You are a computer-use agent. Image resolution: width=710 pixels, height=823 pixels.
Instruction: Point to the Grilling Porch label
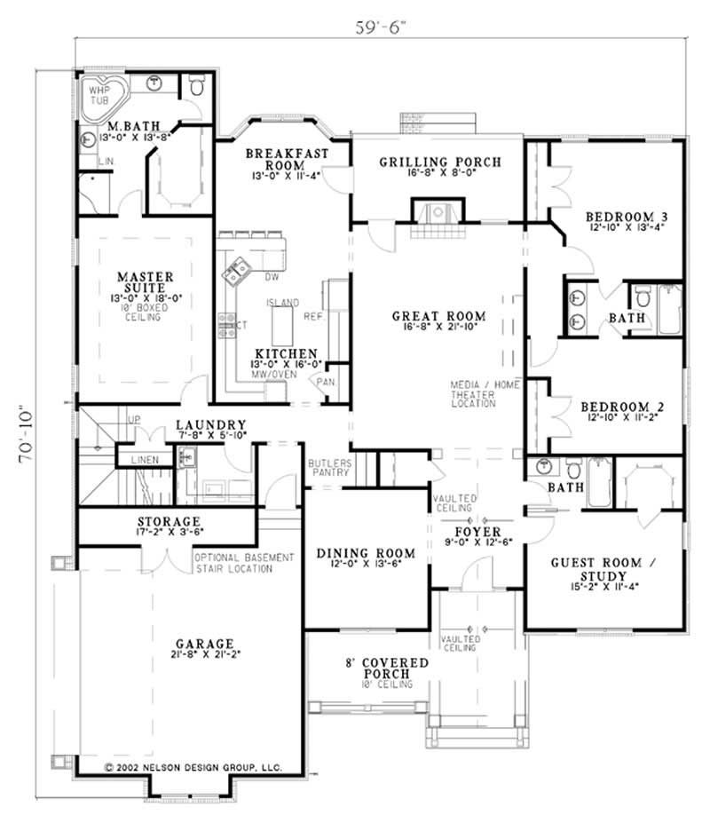pos(439,162)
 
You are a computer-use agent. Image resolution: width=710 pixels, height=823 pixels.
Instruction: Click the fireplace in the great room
pos(434,214)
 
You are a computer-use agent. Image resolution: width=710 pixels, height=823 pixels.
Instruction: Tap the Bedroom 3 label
pos(626,217)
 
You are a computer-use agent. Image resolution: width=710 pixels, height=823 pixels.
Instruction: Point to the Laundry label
pos(210,425)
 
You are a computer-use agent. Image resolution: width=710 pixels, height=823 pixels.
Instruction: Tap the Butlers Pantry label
pos(330,468)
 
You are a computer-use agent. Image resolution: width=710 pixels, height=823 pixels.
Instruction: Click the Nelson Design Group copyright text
pos(193,765)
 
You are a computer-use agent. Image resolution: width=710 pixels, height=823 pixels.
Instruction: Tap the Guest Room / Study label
pos(604,569)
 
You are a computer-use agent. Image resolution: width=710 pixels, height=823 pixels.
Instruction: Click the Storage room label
pos(168,521)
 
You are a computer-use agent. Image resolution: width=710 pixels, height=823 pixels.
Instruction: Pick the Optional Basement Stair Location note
pos(244,563)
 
